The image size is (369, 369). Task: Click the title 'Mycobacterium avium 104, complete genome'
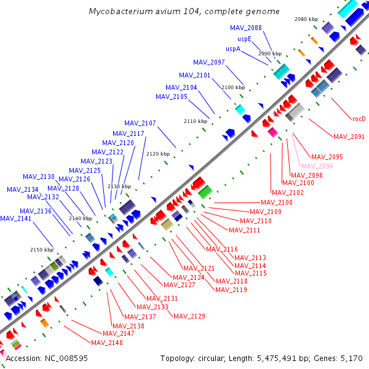tap(184, 11)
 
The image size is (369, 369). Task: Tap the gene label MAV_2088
tap(245, 28)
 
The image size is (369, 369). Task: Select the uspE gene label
tap(244, 39)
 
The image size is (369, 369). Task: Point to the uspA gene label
tap(233, 49)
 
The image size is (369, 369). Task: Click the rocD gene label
tap(359, 119)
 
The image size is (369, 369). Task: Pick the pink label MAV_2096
tap(317, 166)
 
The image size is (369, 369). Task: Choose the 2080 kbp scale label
tap(306, 19)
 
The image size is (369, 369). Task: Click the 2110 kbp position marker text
tap(196, 121)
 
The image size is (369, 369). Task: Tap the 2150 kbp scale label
tap(42, 250)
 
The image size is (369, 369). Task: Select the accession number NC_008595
tap(66, 359)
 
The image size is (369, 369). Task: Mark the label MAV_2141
tap(15, 218)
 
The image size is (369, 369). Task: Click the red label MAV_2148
tap(107, 343)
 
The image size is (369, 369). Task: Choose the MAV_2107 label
tap(140, 123)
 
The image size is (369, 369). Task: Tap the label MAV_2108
tap(277, 202)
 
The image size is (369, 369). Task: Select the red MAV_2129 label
tap(189, 316)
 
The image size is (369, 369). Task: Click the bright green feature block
tap(205, 192)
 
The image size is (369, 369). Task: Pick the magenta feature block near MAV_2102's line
tap(272, 132)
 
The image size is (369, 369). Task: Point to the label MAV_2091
tap(349, 137)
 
